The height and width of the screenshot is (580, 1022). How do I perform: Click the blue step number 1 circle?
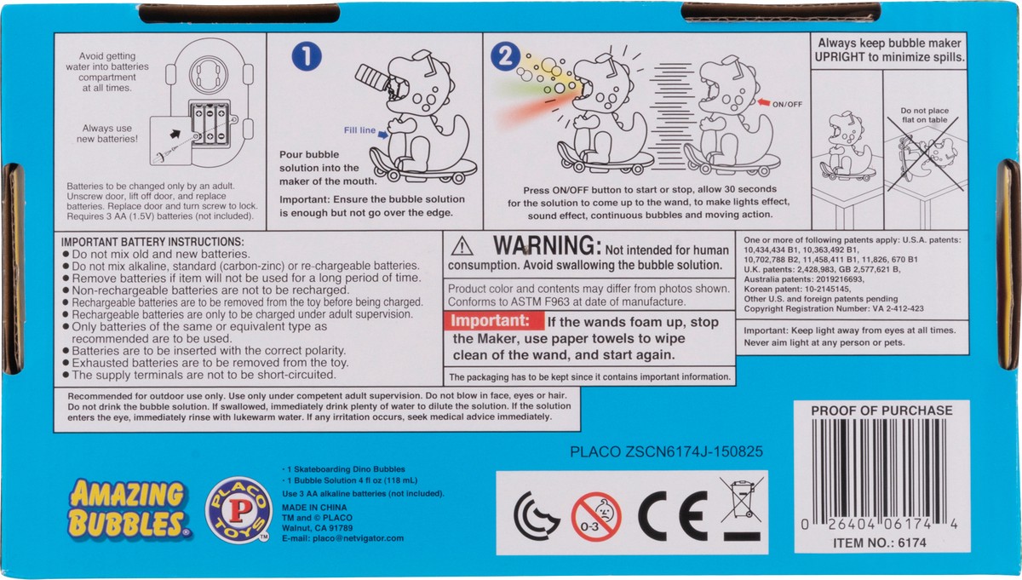[x=307, y=56]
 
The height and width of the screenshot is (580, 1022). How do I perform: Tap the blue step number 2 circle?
[x=505, y=56]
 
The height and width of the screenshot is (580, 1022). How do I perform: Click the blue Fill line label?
[x=359, y=130]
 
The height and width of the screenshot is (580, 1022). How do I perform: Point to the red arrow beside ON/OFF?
[x=764, y=103]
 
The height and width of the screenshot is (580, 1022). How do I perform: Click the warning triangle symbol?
[x=462, y=246]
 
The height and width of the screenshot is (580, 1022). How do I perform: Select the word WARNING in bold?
[x=547, y=245]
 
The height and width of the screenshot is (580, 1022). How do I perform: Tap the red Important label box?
[x=494, y=320]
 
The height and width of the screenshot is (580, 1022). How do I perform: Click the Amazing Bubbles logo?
[x=129, y=508]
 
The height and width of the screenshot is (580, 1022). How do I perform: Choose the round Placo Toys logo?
[x=238, y=509]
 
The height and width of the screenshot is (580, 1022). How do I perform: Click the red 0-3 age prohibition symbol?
[x=596, y=517]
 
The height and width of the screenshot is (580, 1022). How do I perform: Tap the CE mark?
[x=673, y=516]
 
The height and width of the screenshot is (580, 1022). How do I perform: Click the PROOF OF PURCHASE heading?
[x=881, y=411]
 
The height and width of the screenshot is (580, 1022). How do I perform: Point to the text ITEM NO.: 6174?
[x=880, y=543]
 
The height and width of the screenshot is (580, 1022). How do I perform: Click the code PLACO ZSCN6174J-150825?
[x=666, y=451]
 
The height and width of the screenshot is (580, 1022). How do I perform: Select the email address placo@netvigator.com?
[x=359, y=538]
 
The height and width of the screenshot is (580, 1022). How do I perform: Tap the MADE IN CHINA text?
[x=314, y=508]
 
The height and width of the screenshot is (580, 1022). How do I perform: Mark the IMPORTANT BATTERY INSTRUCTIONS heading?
[x=152, y=242]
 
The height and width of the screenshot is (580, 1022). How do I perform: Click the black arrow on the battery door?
[x=175, y=135]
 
